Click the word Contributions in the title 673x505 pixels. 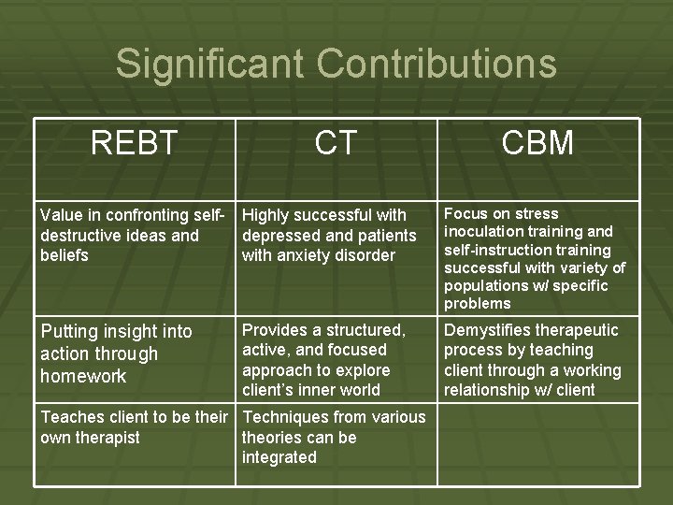437,65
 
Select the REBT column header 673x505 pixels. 134,143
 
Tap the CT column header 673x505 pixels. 336,143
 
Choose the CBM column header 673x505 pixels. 537,143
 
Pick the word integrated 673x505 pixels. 279,457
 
